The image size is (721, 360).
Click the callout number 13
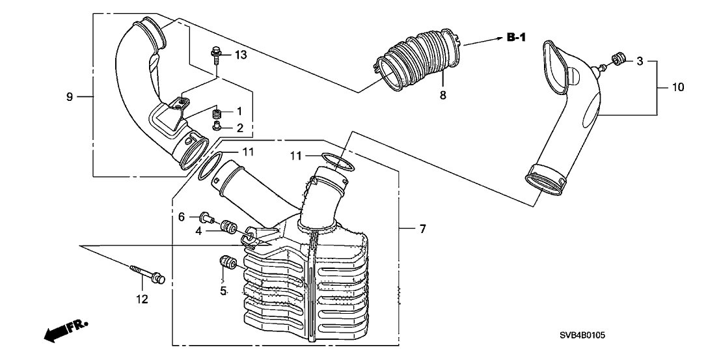point(241,55)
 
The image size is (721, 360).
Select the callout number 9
point(70,96)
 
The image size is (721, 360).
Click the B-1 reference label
point(517,37)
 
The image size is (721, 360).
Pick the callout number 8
point(442,95)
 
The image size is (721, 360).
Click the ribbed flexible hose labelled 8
point(418,59)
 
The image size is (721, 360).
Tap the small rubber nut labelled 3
point(618,59)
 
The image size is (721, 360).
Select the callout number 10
point(678,87)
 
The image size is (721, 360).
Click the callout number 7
point(422,228)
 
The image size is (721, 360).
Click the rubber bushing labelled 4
point(229,227)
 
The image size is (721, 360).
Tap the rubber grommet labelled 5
point(227,263)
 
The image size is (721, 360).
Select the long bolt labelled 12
point(148,273)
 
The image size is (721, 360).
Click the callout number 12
point(142,299)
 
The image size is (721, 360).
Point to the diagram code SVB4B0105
point(582,336)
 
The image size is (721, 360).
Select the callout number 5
point(223,290)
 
